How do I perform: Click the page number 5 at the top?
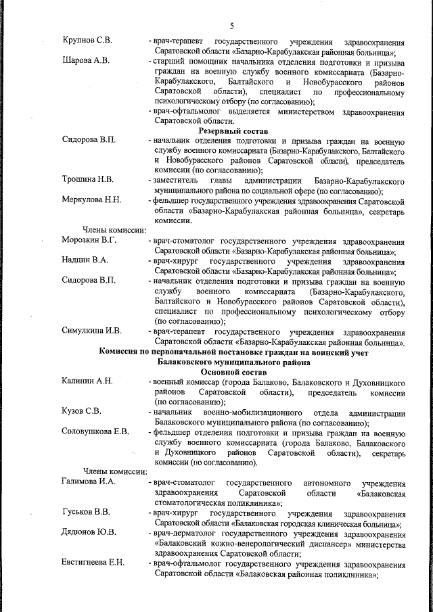[231, 26]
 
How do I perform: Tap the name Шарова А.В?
[85, 61]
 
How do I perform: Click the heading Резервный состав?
[233, 129]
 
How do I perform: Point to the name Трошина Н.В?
[88, 180]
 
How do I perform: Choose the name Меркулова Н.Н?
[92, 200]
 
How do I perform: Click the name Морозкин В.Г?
[90, 241]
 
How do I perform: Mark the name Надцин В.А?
[85, 260]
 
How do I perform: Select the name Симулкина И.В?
[91, 331]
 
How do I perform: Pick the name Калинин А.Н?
[88, 381]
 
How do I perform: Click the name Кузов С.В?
[81, 412]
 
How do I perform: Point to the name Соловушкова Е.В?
[95, 432]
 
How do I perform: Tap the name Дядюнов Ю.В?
[88, 533]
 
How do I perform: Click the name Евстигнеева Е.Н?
[93, 563]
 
